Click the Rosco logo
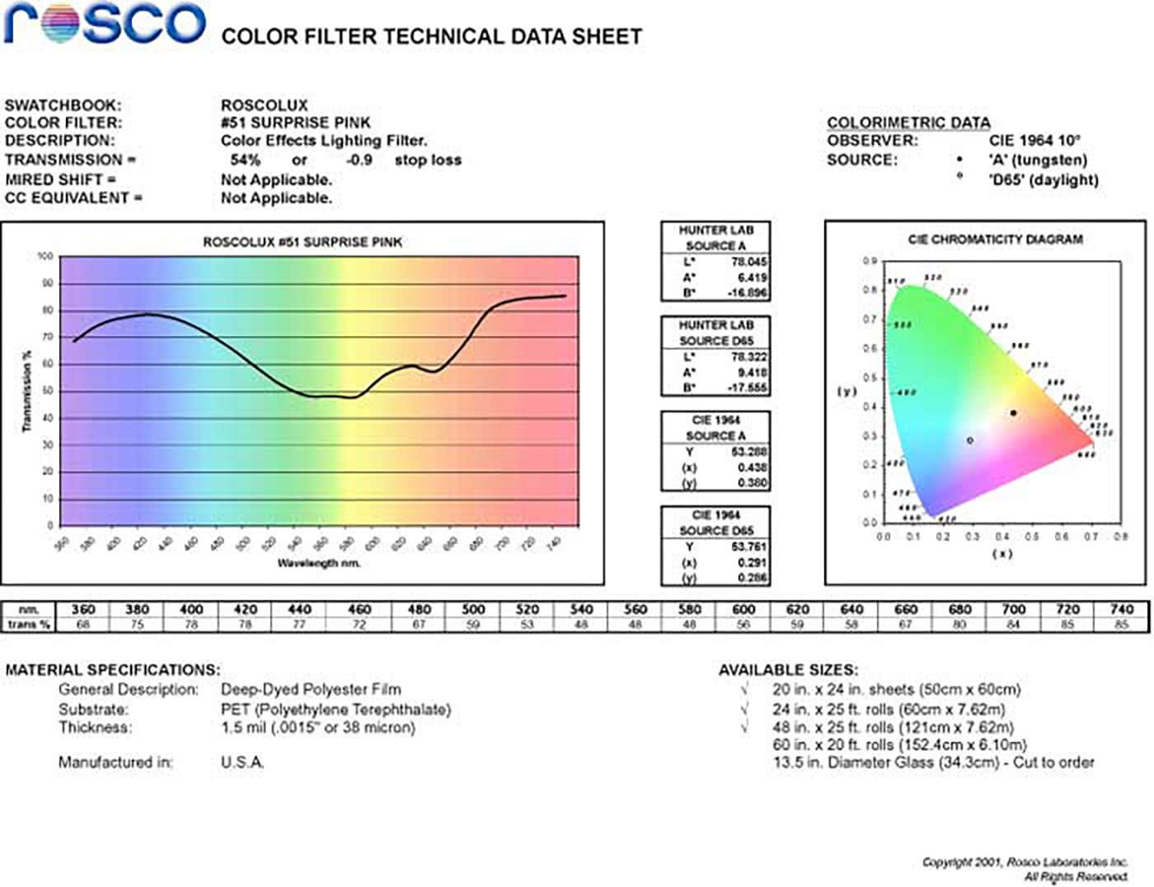[104, 23]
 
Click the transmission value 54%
[245, 160]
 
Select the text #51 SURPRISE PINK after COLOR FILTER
[295, 123]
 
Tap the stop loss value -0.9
[359, 160]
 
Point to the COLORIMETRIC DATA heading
[908, 123]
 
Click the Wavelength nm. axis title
[319, 563]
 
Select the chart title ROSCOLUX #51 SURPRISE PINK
[303, 242]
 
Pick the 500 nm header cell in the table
[472, 609]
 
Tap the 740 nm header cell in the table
[1121, 609]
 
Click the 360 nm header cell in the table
[83, 609]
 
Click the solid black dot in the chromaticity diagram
[1013, 413]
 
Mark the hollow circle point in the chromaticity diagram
[970, 440]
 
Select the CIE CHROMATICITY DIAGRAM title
[995, 239]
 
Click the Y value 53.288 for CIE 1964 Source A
[748, 452]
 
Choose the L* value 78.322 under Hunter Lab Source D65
[748, 357]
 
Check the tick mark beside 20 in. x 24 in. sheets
[744, 689]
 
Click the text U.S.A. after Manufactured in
[242, 763]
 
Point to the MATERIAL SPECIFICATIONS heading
[113, 670]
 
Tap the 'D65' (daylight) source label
[1044, 180]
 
